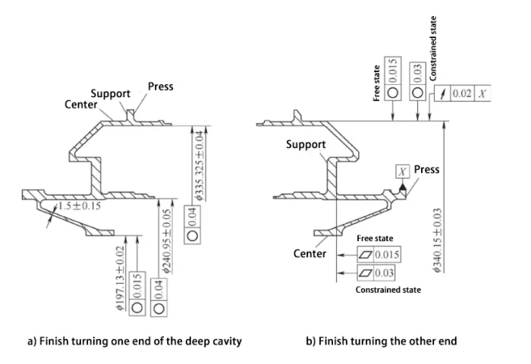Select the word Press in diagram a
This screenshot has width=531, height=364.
point(160,86)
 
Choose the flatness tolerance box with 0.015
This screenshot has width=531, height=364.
point(379,255)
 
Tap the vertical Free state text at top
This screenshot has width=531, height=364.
point(376,83)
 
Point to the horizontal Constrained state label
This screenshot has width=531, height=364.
point(388,290)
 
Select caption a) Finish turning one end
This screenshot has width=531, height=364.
point(134,341)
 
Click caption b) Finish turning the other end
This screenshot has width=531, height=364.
point(381,341)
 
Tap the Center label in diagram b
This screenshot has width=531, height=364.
point(309,253)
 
